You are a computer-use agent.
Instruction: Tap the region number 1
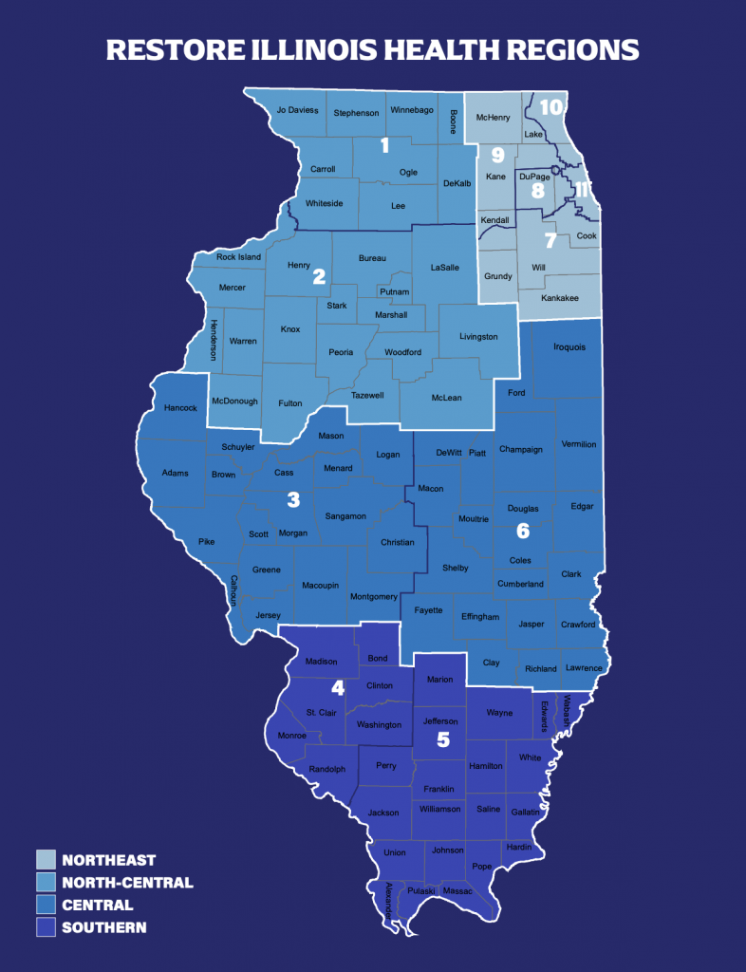click(384, 145)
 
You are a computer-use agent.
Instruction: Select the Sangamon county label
click(345, 515)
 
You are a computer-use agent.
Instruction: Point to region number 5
click(441, 738)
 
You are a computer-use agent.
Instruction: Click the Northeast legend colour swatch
click(45, 860)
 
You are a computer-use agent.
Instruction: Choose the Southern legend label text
click(104, 927)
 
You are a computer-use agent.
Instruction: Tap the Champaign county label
click(520, 449)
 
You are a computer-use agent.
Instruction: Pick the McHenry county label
click(493, 119)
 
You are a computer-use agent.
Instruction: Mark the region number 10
click(551, 106)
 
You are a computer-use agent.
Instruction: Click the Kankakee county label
click(559, 298)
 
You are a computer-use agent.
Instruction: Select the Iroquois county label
click(569, 346)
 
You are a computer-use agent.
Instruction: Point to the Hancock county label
click(180, 408)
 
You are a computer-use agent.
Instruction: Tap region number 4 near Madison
click(336, 687)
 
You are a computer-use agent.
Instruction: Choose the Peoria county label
click(341, 352)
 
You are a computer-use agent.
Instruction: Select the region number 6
click(522, 530)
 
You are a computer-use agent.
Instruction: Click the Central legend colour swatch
click(45, 905)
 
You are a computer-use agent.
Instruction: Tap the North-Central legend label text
click(127, 883)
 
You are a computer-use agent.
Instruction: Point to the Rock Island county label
click(238, 257)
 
